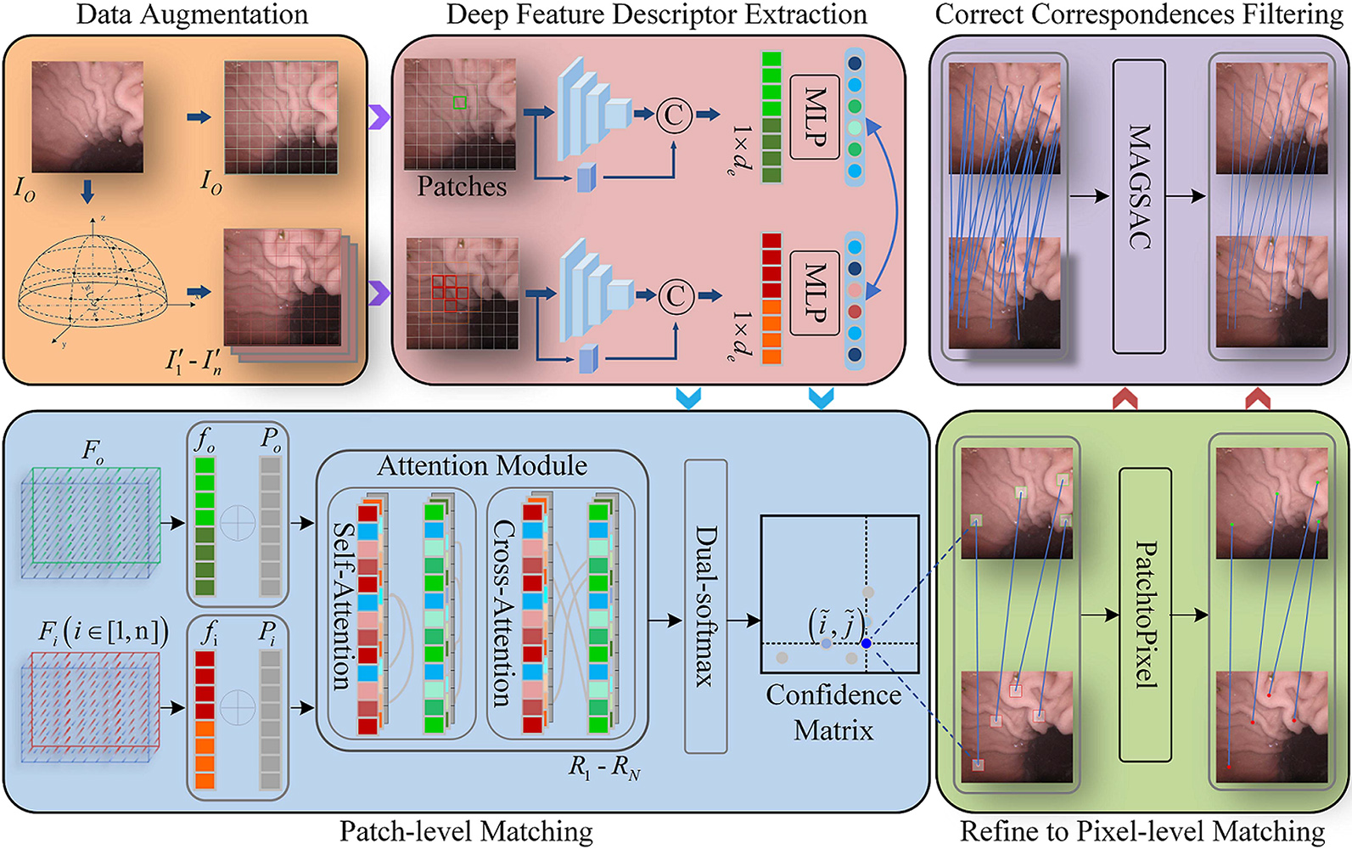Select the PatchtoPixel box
[x=1145, y=615]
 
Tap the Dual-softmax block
[x=705, y=606]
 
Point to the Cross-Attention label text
[x=502, y=613]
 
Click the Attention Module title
[x=482, y=465]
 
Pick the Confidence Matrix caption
[x=833, y=711]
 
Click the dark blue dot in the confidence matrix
[x=866, y=644]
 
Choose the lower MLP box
[x=814, y=292]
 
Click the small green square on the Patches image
[x=459, y=103]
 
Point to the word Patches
[x=461, y=186]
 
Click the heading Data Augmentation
[x=192, y=14]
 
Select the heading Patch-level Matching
[x=466, y=831]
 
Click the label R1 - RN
[x=604, y=768]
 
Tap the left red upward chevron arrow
[x=1125, y=397]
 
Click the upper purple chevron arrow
[x=379, y=116]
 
